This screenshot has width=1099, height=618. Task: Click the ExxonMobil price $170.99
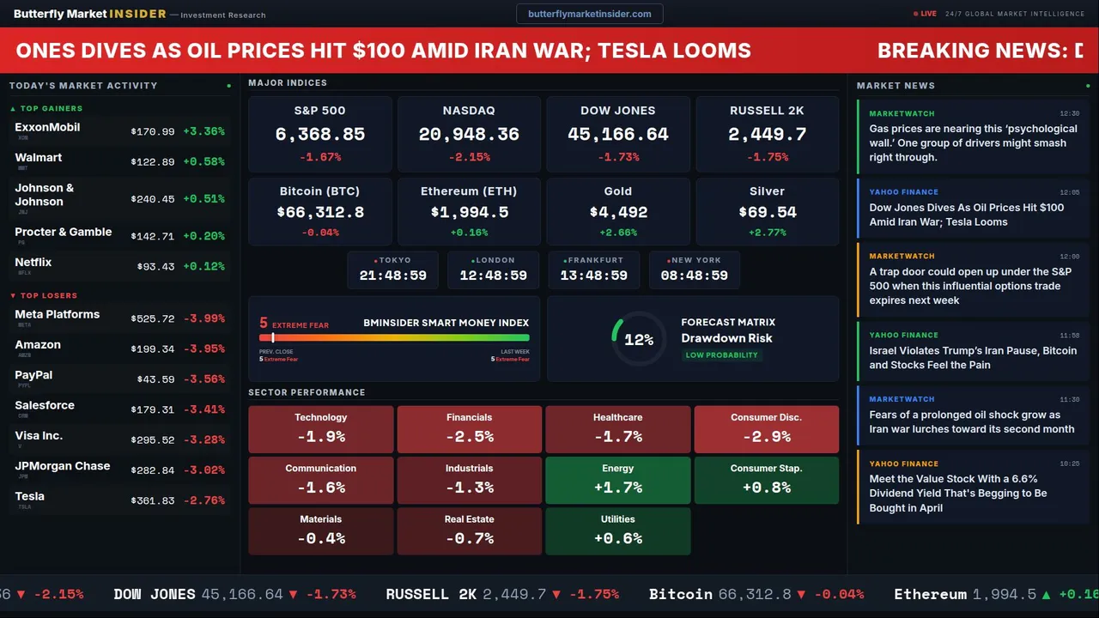point(153,132)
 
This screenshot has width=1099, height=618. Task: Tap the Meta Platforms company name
point(58,314)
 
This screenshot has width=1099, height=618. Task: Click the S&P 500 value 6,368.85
point(319,134)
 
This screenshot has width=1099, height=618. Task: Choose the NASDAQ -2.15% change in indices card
point(469,157)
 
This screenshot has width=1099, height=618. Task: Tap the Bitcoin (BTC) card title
point(319,191)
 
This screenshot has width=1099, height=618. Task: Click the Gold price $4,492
point(618,212)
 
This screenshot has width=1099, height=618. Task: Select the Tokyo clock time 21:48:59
point(393,276)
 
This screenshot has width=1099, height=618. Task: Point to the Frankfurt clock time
point(594,276)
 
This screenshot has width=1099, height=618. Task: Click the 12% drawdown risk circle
point(639,339)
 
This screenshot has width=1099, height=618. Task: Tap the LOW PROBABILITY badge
point(721,355)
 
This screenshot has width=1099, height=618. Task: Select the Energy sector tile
point(618,480)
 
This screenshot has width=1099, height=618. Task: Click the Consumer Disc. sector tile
point(767,429)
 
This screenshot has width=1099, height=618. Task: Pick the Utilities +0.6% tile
point(618,530)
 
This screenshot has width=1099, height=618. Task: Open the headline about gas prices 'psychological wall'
point(972,142)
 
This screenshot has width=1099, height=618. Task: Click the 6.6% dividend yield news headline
point(958,494)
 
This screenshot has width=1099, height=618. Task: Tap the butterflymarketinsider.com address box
point(589,14)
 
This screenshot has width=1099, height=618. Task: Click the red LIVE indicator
point(925,14)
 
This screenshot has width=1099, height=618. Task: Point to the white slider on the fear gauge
point(273,337)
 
